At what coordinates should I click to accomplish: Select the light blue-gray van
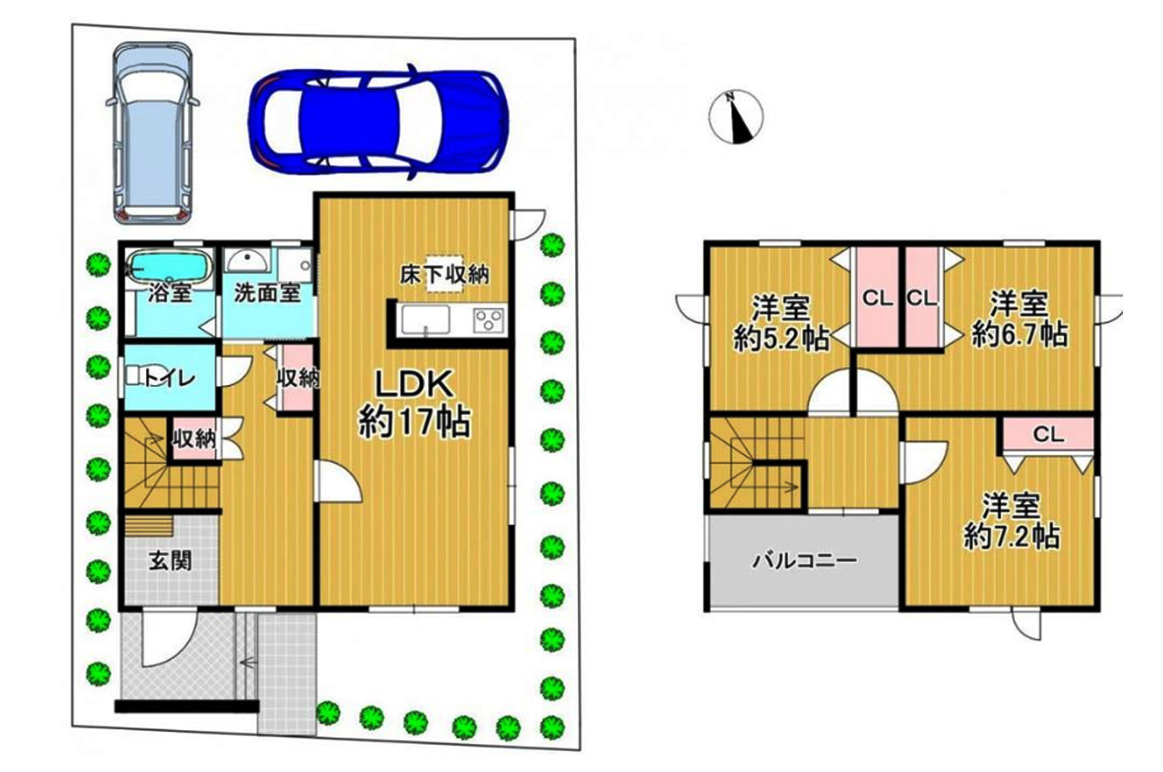153,133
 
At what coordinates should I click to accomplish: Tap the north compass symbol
736,117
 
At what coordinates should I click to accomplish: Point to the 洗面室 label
267,293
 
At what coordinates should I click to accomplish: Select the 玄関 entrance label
170,561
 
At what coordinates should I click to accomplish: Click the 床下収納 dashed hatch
445,274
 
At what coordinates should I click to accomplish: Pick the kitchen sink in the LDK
424,320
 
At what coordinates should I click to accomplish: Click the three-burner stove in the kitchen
488,320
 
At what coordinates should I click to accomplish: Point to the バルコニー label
805,561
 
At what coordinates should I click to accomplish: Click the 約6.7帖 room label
1019,320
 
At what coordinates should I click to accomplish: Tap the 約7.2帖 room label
1011,522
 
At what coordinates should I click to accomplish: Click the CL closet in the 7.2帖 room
1049,435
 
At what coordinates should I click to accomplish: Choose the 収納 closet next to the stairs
194,439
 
